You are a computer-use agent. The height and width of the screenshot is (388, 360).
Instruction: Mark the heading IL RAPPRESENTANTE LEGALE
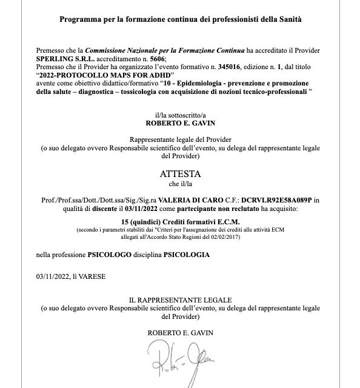pyautogui.click(x=180, y=300)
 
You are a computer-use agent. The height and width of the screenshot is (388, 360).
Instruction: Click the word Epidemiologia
pyautogui.click(x=213, y=82)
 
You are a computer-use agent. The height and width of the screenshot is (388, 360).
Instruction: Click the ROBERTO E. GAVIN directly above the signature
pyautogui.click(x=179, y=333)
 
